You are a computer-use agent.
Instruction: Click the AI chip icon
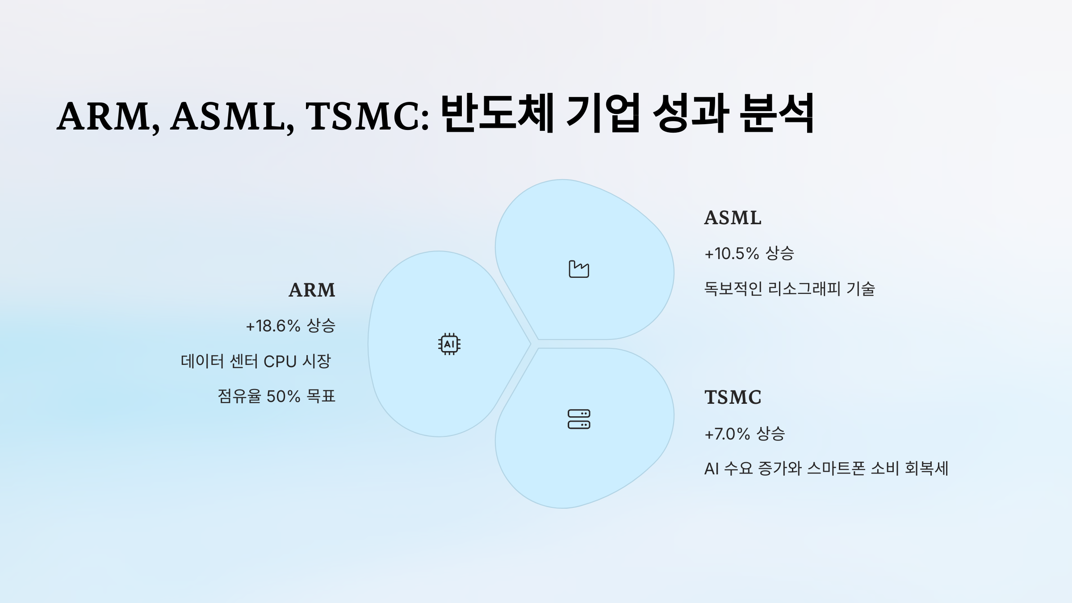coord(449,344)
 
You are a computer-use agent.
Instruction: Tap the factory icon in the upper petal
coord(579,269)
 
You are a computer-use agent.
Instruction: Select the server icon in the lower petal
coord(579,419)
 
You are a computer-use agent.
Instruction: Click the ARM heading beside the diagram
coord(312,290)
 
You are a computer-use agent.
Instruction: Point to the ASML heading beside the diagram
coord(733,218)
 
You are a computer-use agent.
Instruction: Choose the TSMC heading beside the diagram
coord(733,398)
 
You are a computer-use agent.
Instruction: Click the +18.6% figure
coord(273,326)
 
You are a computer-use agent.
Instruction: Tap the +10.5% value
coord(732,254)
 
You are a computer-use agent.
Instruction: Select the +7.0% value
coord(727,434)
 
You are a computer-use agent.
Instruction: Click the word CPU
coord(280,361)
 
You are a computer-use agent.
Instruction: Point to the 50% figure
coord(283,396)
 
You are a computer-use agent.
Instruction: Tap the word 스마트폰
coord(837,469)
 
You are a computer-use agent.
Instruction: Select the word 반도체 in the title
coord(497,113)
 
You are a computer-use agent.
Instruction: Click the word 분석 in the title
coord(776,113)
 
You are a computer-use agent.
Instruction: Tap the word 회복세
coord(926,469)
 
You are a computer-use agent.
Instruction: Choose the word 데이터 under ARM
coord(202,361)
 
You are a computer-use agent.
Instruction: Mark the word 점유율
coord(239,396)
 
